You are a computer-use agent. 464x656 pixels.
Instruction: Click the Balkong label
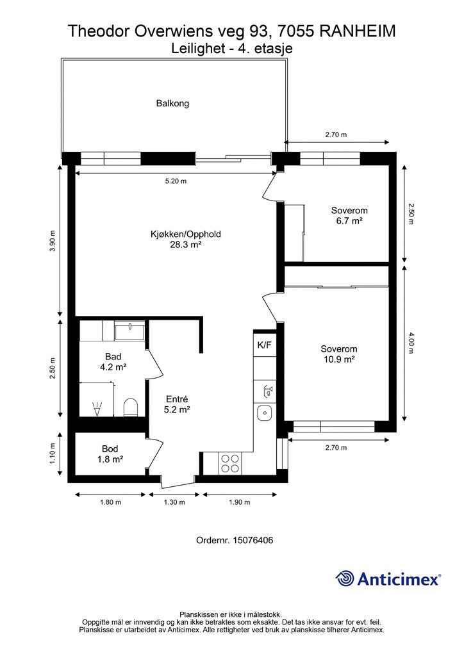click(172, 103)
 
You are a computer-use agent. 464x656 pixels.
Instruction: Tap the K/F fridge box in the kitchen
click(265, 345)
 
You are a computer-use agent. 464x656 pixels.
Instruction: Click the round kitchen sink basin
click(265, 413)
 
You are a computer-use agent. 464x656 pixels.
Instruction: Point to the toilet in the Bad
click(131, 407)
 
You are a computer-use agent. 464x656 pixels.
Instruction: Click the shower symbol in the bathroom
click(97, 409)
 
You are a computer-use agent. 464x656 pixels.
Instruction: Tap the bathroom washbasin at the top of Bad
click(129, 331)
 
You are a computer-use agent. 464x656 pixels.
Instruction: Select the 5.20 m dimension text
click(176, 181)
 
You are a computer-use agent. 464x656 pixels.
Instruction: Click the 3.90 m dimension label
click(53, 241)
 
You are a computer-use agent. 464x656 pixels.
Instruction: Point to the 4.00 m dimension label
click(411, 343)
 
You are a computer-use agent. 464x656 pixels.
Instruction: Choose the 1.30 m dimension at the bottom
click(174, 502)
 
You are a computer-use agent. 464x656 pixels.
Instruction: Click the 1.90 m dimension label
click(239, 502)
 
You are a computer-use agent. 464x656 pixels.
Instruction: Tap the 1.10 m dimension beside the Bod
click(53, 454)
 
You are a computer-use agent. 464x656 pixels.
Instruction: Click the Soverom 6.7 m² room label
click(349, 215)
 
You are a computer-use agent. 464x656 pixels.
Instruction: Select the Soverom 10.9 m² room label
click(339, 354)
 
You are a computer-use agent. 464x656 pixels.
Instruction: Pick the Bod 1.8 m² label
click(110, 454)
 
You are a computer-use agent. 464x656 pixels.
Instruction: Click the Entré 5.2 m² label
click(177, 405)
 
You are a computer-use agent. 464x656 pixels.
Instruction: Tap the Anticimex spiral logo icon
click(345, 578)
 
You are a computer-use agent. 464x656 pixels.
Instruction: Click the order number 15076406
click(253, 540)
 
